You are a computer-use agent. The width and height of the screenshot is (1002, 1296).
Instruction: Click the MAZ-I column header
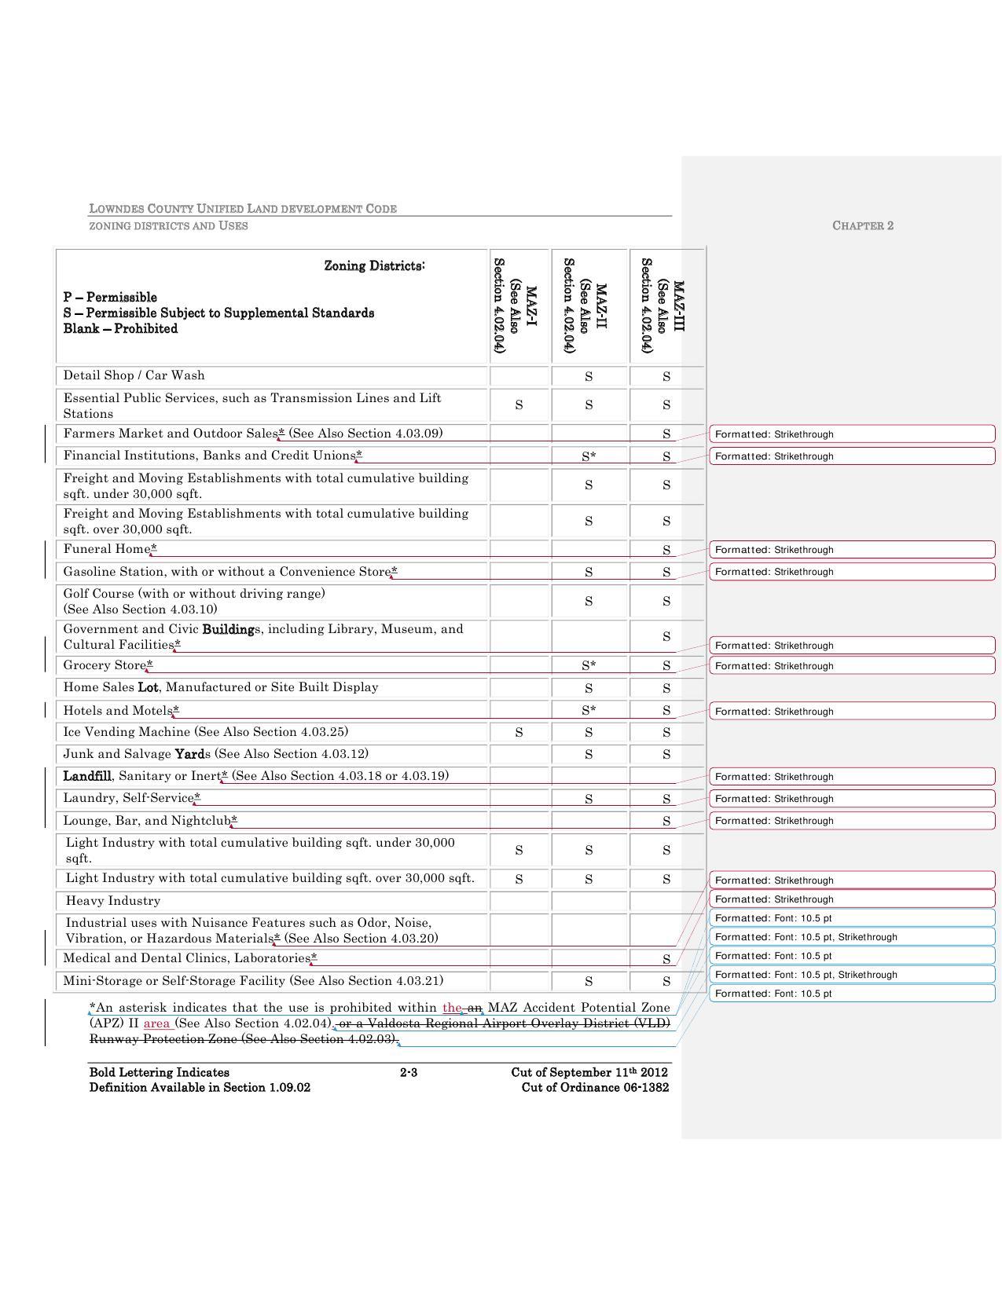(519, 306)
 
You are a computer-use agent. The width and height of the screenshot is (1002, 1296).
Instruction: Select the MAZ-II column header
(589, 306)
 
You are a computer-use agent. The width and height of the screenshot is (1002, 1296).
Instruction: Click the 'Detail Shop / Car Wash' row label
(134, 375)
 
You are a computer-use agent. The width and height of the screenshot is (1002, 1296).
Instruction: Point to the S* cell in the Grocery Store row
(589, 666)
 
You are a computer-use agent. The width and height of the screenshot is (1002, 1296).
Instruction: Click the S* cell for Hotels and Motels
(589, 711)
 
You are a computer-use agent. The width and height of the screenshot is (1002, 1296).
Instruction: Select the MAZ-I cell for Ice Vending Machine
(519, 733)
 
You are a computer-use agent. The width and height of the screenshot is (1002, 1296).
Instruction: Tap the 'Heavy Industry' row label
(113, 901)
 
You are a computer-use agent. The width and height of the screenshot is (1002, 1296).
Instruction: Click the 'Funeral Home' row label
(107, 549)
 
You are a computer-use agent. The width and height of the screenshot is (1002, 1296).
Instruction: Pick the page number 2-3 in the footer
(409, 1073)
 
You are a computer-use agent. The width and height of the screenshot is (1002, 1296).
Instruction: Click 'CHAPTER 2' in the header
(863, 226)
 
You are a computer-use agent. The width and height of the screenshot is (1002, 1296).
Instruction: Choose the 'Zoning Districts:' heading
(375, 266)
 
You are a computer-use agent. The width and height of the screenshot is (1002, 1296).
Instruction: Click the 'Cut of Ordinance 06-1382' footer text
(595, 1088)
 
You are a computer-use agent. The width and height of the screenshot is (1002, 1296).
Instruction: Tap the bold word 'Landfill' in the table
(87, 776)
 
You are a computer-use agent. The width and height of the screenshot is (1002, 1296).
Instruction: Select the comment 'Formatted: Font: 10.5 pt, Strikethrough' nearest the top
(806, 937)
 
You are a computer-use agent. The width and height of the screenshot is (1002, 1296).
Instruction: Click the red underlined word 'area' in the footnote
(157, 1023)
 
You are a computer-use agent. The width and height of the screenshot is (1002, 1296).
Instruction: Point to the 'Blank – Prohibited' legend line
(120, 329)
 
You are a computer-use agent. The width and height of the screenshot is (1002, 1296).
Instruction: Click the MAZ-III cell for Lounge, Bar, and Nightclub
(666, 822)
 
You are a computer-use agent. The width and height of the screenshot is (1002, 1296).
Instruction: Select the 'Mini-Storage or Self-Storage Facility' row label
(174, 981)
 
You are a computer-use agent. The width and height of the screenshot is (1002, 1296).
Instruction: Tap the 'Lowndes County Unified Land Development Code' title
(243, 209)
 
